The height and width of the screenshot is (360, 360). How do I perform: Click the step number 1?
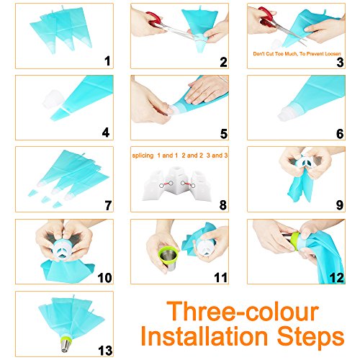click(x=107, y=60)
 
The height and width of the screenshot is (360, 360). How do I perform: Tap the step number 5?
click(x=224, y=134)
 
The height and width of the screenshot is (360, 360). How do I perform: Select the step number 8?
click(x=223, y=205)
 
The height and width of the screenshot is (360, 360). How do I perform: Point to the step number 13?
click(x=105, y=351)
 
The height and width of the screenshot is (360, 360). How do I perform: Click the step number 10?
click(x=104, y=278)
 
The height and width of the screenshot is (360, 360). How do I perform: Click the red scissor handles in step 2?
click(x=154, y=19)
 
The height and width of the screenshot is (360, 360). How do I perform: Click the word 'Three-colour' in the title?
click(x=243, y=311)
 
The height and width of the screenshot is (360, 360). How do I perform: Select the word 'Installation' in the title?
click(x=204, y=336)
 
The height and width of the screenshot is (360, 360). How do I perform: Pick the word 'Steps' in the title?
click(x=311, y=337)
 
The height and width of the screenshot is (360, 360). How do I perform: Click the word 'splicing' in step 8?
click(x=143, y=156)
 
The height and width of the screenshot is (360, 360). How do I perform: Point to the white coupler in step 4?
click(x=53, y=99)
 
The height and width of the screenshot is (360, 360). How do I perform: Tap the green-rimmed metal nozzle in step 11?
click(x=169, y=258)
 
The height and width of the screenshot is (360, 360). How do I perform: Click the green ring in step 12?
click(x=297, y=240)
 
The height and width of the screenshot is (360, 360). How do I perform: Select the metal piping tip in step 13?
click(x=66, y=344)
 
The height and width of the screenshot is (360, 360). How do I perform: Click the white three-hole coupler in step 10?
click(x=63, y=249)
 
